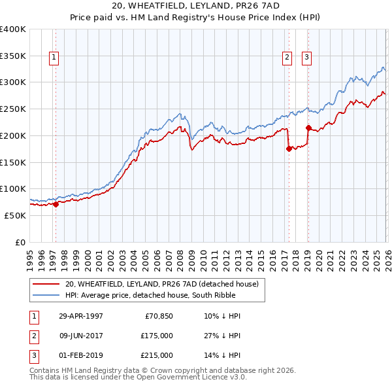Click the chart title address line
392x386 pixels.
click(195, 6)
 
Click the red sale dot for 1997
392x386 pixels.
click(56, 204)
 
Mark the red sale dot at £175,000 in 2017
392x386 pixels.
click(288, 149)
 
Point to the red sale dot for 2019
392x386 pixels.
click(308, 127)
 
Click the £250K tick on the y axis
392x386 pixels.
click(13, 109)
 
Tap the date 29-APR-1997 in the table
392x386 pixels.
click(81, 316)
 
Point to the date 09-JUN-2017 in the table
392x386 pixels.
click(81, 336)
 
